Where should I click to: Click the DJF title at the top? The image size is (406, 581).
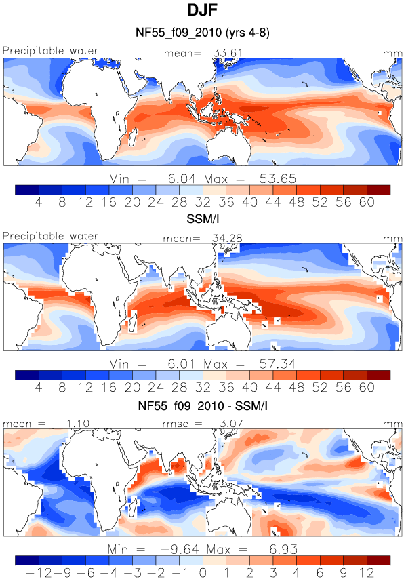(202, 10)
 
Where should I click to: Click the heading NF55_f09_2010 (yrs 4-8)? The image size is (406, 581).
(203, 33)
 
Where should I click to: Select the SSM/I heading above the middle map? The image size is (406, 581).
(203, 219)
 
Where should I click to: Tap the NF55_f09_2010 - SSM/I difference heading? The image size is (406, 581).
(203, 405)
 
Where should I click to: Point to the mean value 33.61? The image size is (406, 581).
(228, 53)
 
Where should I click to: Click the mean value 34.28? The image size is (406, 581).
(227, 238)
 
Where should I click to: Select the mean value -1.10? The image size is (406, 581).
(73, 424)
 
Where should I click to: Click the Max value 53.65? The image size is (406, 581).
(277, 179)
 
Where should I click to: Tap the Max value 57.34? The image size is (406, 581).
(277, 364)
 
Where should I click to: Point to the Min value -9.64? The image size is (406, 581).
(180, 549)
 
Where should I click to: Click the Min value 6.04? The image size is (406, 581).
(182, 179)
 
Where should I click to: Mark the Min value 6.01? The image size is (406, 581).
(182, 364)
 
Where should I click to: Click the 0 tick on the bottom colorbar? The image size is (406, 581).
(203, 573)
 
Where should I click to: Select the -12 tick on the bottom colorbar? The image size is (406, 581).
(39, 573)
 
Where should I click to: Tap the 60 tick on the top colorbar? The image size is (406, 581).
(367, 202)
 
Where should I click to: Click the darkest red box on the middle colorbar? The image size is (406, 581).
(379, 375)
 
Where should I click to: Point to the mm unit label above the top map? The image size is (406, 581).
(392, 54)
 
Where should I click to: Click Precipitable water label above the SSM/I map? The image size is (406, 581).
(50, 236)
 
